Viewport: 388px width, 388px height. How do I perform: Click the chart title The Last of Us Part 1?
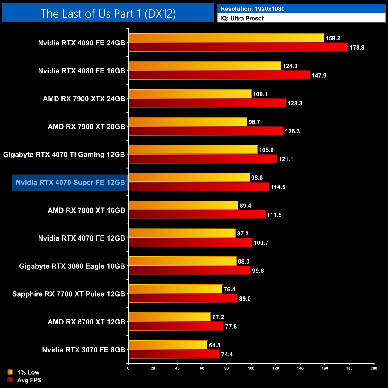108,13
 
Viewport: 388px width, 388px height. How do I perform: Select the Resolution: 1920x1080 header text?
252,9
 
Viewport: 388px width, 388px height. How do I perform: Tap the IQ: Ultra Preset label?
242,19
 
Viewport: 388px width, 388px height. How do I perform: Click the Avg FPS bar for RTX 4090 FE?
238,47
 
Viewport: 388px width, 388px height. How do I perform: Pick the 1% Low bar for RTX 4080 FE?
205,66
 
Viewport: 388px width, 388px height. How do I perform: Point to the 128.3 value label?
295,104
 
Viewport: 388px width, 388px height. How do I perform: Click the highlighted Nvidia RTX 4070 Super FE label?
70,182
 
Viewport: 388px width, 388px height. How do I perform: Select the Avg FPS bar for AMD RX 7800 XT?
197,215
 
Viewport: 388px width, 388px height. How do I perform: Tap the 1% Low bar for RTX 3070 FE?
168,345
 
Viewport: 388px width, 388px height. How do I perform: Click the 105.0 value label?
266,150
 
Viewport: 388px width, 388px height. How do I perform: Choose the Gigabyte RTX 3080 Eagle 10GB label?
72,266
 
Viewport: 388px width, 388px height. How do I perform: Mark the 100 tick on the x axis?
251,368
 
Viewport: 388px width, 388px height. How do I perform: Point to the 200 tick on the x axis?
374,368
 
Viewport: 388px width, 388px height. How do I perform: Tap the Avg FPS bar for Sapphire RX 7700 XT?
183,298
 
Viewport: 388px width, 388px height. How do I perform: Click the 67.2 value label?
218,317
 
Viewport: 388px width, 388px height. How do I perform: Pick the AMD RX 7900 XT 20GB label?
86,127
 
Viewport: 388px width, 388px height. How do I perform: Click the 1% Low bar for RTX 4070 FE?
182,233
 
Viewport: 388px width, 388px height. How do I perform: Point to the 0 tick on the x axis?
128,368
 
